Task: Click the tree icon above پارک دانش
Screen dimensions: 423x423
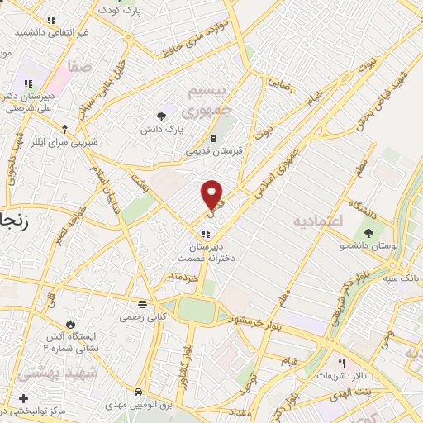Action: point(162,116)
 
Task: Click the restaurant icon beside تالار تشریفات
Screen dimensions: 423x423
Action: point(340,363)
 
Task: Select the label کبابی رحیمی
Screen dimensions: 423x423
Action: point(144,316)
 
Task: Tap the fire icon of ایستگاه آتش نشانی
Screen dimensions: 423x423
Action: point(71,323)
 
